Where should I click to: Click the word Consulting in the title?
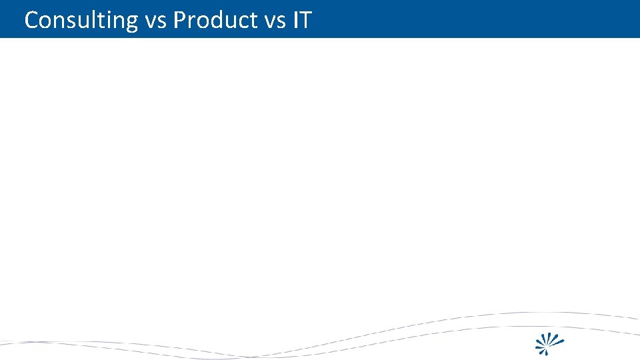coord(81,20)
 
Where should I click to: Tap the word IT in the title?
coord(301,20)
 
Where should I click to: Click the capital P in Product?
coord(179,20)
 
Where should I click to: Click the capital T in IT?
coord(305,20)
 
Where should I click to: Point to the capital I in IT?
coord(294,20)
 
